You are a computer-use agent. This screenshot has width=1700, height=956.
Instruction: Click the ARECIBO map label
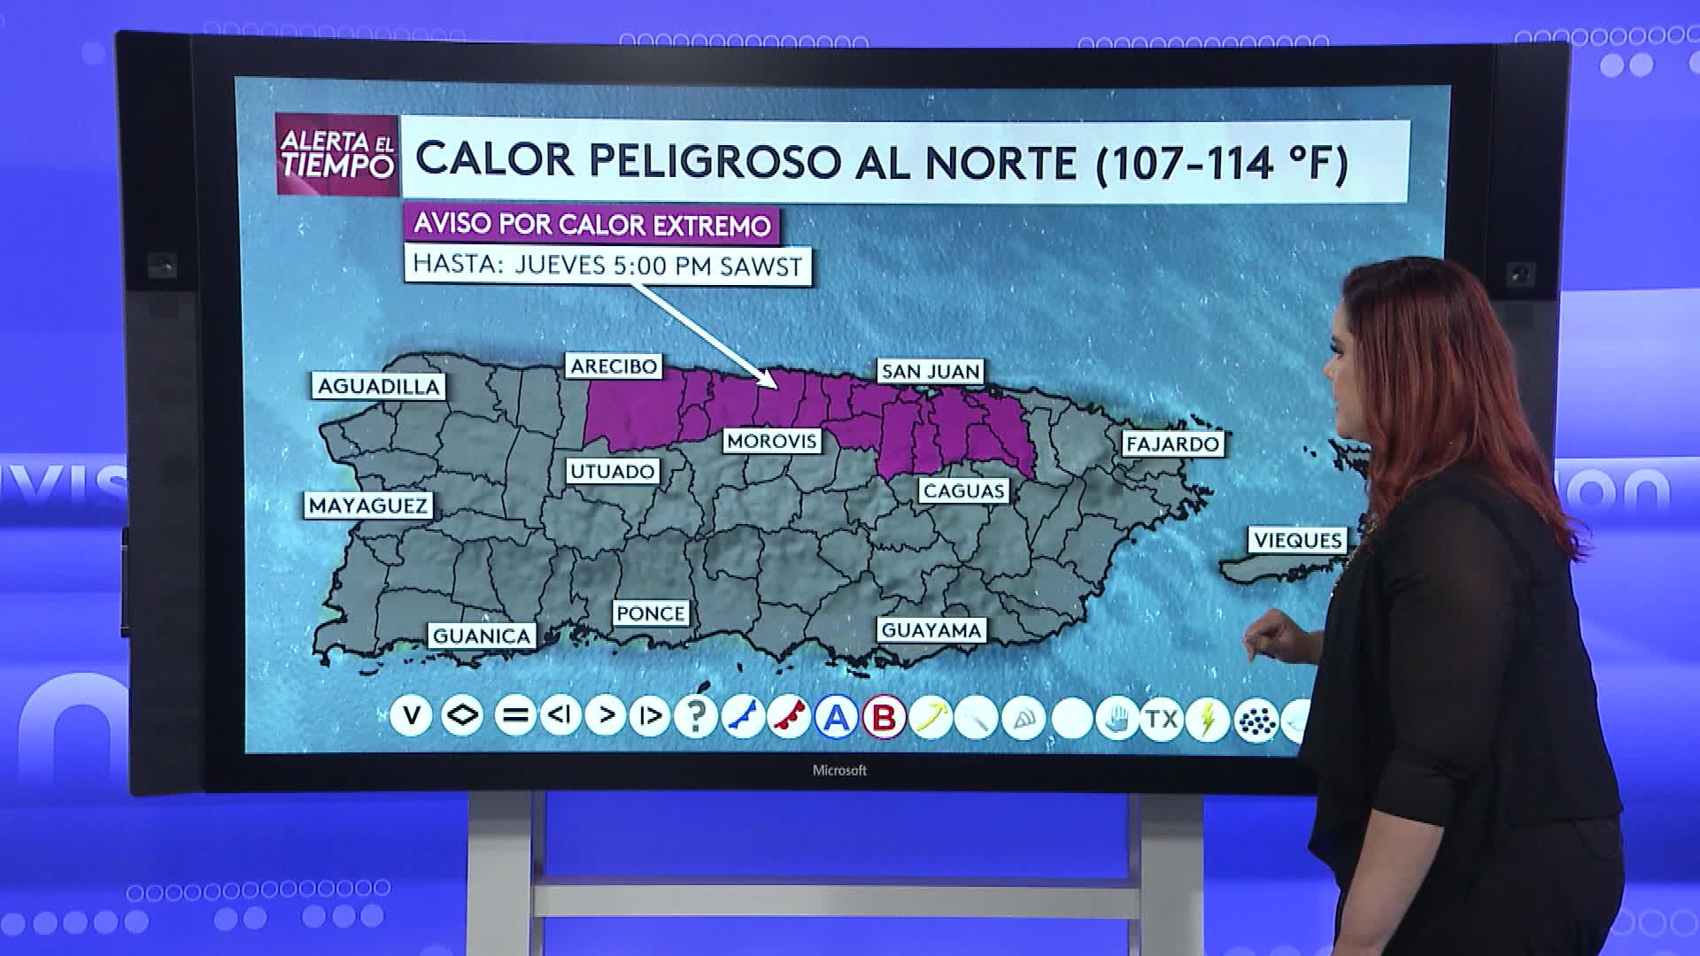tap(614, 366)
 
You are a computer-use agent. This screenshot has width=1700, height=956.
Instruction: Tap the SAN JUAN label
tap(931, 372)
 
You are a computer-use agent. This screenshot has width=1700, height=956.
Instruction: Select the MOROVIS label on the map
tap(771, 441)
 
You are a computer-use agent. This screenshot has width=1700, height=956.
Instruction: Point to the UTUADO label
tap(612, 471)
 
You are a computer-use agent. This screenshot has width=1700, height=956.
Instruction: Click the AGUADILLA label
tap(378, 387)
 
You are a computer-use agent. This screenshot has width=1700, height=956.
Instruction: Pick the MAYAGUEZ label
tap(367, 505)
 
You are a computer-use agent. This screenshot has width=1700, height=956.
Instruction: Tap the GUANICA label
tap(482, 636)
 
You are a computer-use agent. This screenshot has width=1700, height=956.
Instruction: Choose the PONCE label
tap(650, 613)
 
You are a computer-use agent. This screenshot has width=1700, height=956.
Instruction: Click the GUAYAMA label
tap(931, 630)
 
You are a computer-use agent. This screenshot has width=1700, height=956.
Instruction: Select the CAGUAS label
tap(963, 490)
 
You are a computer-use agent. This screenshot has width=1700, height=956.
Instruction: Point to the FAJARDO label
tap(1172, 443)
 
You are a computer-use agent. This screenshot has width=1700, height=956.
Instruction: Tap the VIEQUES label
tap(1298, 540)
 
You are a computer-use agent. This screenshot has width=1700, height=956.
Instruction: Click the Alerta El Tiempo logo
tap(336, 154)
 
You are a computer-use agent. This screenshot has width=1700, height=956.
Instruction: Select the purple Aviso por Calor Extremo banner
tap(591, 225)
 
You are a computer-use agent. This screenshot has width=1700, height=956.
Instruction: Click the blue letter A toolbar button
tap(836, 717)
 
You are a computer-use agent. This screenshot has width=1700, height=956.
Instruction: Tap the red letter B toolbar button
tap(884, 717)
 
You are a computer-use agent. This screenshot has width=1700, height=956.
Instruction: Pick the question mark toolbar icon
tap(696, 716)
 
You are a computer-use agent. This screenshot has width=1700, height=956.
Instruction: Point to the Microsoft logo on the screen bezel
tap(839, 771)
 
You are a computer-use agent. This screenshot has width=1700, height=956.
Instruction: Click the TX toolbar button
tap(1161, 718)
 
